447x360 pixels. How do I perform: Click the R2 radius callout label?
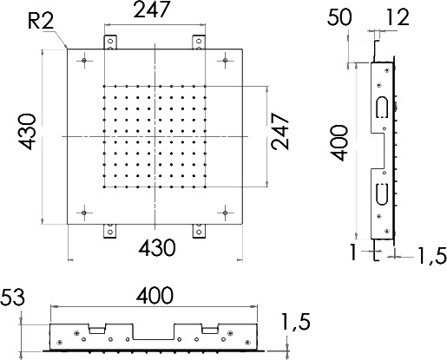(41, 21)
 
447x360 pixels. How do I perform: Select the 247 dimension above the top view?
(151, 10)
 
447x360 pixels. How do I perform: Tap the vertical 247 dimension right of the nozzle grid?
(280, 131)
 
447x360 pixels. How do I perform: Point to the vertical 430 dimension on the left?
(27, 132)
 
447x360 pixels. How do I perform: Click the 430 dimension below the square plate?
(157, 248)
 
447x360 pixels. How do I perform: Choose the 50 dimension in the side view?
(339, 17)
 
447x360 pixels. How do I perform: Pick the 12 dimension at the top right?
(398, 17)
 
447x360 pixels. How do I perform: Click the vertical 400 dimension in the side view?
(339, 143)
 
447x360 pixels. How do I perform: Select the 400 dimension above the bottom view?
(154, 296)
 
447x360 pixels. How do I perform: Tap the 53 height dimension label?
(12, 298)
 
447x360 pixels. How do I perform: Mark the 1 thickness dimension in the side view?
(353, 252)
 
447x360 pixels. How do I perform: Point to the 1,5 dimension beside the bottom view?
(296, 322)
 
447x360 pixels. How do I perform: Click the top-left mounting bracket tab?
(110, 43)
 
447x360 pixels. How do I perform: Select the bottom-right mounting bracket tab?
(199, 231)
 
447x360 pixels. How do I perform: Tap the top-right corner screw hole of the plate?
(226, 60)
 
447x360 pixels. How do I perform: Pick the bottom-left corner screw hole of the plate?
(84, 213)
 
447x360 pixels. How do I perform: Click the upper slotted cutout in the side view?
(382, 107)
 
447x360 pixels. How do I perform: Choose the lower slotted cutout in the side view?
(382, 194)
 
